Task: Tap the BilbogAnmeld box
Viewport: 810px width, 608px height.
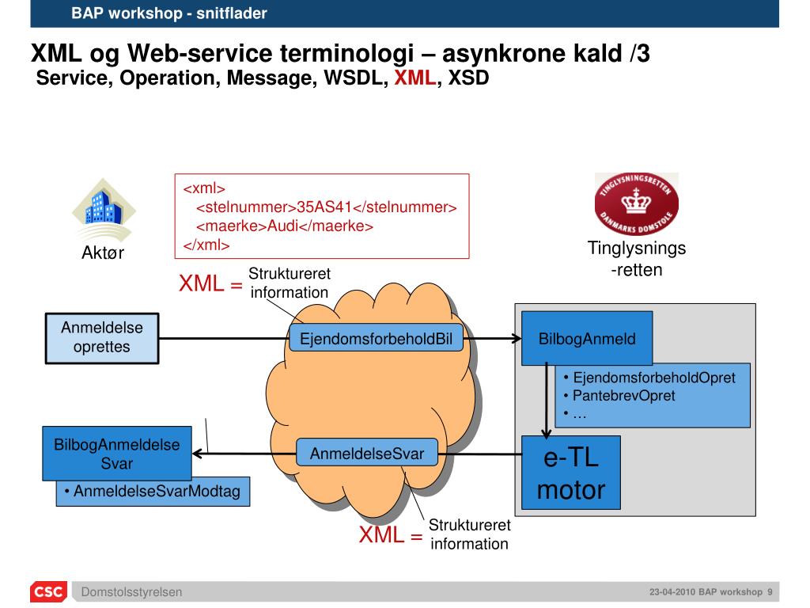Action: coord(587,339)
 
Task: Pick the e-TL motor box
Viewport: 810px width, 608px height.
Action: coord(571,473)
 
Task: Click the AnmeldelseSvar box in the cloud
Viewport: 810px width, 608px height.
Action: coord(366,454)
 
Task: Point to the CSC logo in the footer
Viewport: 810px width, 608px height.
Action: coord(48,592)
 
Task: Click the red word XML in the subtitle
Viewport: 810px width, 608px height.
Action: coord(415,78)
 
